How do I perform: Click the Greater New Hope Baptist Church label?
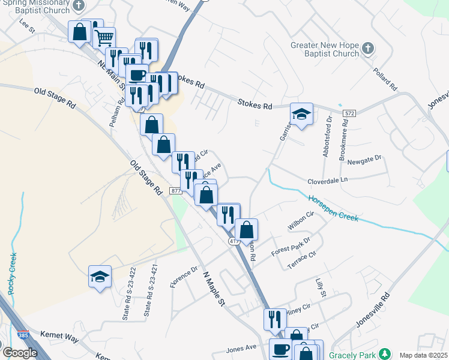(324, 50)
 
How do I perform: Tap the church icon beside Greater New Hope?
(368, 47)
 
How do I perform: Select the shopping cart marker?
(104, 38)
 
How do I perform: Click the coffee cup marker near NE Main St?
(137, 75)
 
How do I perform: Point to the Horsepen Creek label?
(333, 209)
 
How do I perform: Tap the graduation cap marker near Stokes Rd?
(301, 113)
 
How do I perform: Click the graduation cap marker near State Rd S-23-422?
(100, 276)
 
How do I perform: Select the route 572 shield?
(350, 113)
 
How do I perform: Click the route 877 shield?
(175, 191)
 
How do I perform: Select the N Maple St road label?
(212, 289)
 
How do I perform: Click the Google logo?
(20, 353)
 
